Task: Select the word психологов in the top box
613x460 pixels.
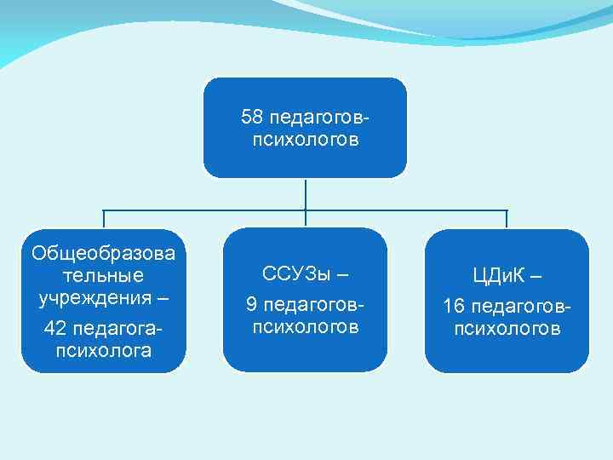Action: pyautogui.click(x=305, y=139)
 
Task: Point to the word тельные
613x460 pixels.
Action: pyautogui.click(x=104, y=276)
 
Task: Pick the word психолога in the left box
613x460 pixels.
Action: pyautogui.click(x=104, y=350)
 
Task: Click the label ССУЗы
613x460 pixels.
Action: pyautogui.click(x=295, y=274)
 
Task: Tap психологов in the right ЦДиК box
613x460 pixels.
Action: pyautogui.click(x=507, y=329)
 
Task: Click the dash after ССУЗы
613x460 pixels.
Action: pyautogui.click(x=342, y=274)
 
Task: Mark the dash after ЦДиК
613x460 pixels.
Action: pyautogui.click(x=535, y=276)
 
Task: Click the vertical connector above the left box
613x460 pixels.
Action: pyautogui.click(x=104, y=220)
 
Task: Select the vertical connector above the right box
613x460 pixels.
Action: pyautogui.click(x=507, y=220)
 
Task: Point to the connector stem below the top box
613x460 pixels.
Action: pyautogui.click(x=305, y=193)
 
